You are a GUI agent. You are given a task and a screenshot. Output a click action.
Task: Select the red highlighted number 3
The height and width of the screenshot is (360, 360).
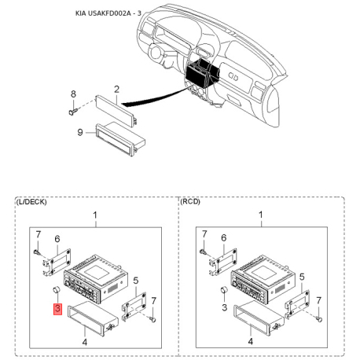57,307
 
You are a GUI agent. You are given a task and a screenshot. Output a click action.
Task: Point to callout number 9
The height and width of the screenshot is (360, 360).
79,132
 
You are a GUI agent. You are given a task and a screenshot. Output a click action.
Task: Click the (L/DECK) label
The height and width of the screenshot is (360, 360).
32,202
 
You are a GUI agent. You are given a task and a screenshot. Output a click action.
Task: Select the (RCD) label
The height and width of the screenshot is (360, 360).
191,202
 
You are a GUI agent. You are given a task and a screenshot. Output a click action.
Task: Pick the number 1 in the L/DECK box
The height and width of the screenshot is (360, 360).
95,215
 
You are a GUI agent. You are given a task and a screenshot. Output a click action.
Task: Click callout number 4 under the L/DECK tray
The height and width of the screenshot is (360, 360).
85,343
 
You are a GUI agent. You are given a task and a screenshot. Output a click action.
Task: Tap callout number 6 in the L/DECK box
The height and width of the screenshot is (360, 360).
57,239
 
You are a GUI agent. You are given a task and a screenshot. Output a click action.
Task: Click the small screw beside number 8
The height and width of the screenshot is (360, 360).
74,111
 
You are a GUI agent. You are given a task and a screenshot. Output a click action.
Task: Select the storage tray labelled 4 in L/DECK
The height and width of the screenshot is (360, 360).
93,318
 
